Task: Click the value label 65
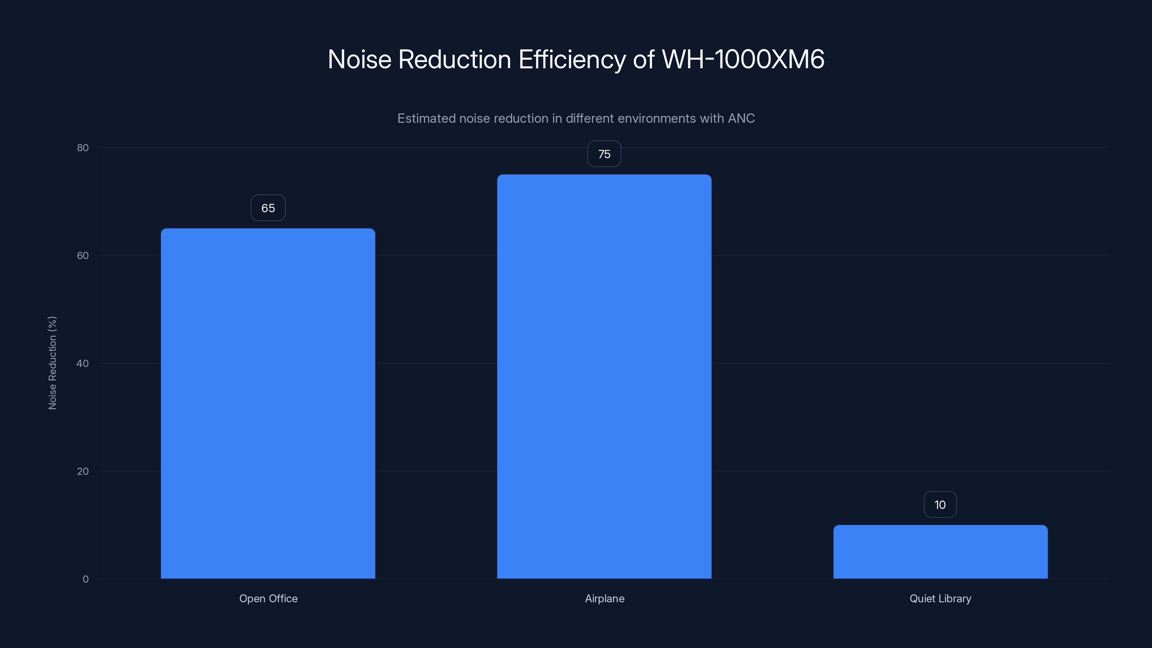click(x=268, y=208)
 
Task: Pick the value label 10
click(x=940, y=505)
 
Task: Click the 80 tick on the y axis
click(x=83, y=148)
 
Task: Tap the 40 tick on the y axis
click(x=83, y=364)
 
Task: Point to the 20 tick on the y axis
click(x=83, y=471)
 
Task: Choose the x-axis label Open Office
click(x=268, y=599)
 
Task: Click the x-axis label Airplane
click(x=605, y=599)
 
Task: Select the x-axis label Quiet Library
click(x=940, y=599)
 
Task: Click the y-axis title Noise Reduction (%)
click(x=52, y=363)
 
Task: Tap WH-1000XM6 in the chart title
click(x=743, y=59)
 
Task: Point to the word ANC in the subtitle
click(x=741, y=118)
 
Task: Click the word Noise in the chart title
click(x=360, y=59)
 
